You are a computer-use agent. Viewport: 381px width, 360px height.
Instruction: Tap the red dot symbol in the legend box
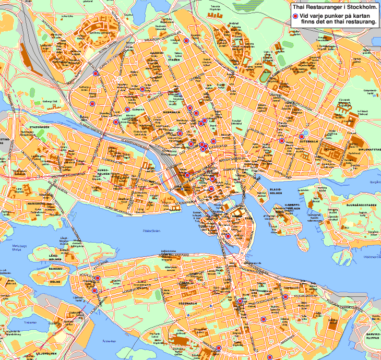pos(295,17)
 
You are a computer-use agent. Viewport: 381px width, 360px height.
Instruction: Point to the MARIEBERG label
pos(35,203)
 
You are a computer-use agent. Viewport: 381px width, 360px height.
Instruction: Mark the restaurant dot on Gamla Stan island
pos(228,236)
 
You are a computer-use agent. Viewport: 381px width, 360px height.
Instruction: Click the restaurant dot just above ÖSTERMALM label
pos(281,140)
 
